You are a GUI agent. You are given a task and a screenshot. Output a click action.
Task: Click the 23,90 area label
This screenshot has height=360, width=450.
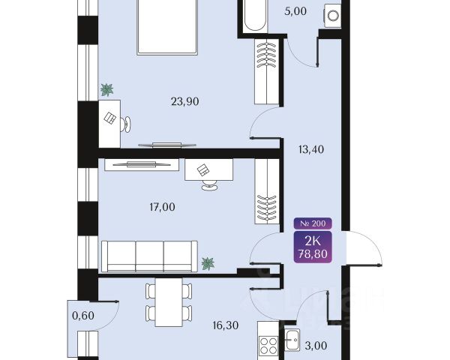(184, 102)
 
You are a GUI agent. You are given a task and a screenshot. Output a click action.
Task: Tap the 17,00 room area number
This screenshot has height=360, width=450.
(162, 207)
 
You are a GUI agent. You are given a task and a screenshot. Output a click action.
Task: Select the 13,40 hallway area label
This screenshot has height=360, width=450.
(311, 149)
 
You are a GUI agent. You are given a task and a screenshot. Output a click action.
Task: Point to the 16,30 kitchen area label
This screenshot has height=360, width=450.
(226, 325)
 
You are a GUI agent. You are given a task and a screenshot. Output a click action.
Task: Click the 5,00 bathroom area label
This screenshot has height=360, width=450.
(295, 11)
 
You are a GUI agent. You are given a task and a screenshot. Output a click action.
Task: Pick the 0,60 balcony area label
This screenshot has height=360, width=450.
(83, 316)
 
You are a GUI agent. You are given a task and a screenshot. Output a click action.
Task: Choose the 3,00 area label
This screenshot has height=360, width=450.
(316, 346)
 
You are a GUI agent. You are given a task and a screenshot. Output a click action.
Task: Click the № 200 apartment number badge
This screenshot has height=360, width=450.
(313, 223)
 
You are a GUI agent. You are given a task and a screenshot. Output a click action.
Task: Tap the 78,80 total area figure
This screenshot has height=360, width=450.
(313, 253)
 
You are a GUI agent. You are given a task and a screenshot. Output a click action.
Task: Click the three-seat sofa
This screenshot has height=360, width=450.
(149, 256)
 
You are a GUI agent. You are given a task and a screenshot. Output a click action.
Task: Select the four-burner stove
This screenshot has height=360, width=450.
(268, 346)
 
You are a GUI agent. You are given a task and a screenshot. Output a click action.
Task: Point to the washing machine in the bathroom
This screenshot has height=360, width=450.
(333, 16)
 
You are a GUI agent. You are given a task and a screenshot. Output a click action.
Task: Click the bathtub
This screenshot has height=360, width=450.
(255, 16)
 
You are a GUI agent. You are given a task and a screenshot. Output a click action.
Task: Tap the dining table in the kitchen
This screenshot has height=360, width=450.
(169, 302)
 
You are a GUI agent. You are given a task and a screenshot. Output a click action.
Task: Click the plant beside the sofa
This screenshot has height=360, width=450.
(208, 263)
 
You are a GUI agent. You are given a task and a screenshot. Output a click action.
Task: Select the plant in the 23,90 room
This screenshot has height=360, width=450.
(106, 90)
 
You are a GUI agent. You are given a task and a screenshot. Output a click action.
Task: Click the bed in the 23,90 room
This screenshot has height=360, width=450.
(167, 26)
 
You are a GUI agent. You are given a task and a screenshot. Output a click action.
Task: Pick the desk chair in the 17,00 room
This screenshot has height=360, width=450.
(210, 184)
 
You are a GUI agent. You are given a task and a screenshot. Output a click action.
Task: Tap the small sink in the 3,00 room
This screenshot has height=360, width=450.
(292, 340)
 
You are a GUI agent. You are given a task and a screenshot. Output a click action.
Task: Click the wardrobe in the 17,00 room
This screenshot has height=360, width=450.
(267, 191)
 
